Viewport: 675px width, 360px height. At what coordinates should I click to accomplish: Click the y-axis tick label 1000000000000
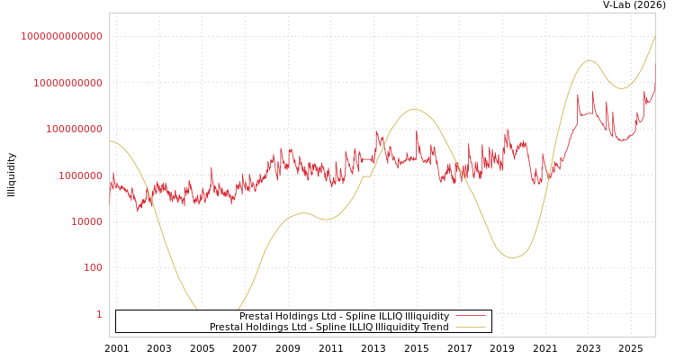(x=62, y=36)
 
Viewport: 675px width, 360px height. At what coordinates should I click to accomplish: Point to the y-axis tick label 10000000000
(x=67, y=83)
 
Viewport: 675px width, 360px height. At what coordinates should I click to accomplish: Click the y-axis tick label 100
(x=94, y=268)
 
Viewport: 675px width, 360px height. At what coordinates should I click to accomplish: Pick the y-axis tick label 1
(x=99, y=314)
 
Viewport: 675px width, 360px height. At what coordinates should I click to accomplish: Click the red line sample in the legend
(x=470, y=316)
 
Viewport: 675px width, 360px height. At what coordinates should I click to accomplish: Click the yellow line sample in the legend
(x=470, y=327)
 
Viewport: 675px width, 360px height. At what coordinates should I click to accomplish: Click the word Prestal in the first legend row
(x=258, y=316)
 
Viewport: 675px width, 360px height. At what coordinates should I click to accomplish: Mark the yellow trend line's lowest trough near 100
(x=512, y=258)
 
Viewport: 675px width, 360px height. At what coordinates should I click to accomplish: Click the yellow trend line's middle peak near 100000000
(x=414, y=110)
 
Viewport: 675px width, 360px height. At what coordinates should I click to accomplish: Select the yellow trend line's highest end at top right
(x=654, y=37)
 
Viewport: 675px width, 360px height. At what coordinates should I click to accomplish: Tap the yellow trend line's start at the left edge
(x=111, y=141)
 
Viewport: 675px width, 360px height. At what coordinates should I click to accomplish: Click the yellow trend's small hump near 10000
(x=303, y=213)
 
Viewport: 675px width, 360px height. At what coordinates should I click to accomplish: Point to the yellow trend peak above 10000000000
(x=589, y=61)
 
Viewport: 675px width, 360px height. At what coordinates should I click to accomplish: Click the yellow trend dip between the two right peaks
(x=621, y=88)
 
